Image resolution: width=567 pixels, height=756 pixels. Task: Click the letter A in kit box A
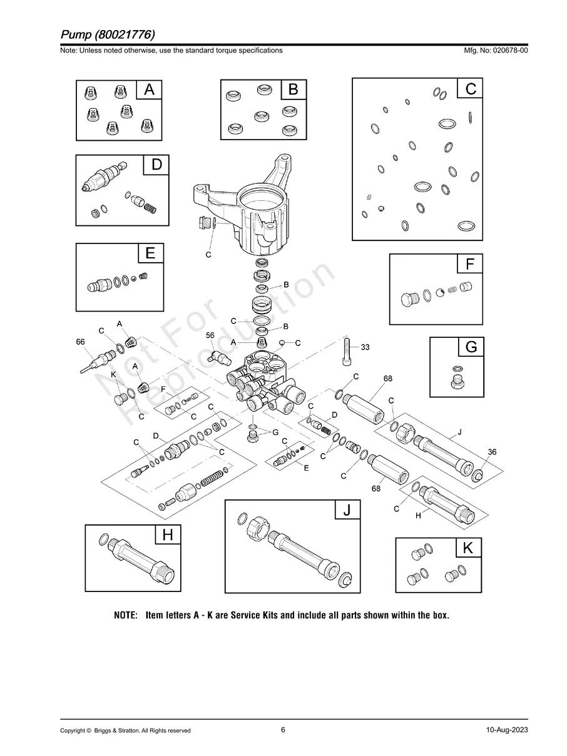click(149, 89)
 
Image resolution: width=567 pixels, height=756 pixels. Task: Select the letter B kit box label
click(293, 89)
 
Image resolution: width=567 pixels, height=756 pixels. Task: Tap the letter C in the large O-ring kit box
click(471, 89)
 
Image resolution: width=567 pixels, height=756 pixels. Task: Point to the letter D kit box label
click(156, 165)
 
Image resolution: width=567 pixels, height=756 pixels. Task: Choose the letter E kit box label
click(150, 253)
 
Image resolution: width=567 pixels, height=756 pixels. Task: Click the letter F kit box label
click(470, 264)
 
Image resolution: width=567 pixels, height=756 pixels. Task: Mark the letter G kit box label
click(471, 347)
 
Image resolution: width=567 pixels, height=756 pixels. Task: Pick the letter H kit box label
click(167, 535)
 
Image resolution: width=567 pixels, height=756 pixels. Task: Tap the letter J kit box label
click(347, 511)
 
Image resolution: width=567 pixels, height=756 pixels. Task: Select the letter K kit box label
click(468, 548)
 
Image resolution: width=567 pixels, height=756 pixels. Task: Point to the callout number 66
click(80, 342)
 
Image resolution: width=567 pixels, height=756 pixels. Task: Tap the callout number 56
click(210, 335)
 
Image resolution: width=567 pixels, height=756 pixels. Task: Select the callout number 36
click(492, 452)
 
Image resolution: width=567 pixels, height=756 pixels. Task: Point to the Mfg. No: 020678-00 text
click(494, 50)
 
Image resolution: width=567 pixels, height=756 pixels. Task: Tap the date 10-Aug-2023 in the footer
click(507, 730)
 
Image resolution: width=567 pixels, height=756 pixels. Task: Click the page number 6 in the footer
click(283, 729)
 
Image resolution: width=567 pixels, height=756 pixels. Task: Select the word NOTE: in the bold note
click(125, 615)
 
